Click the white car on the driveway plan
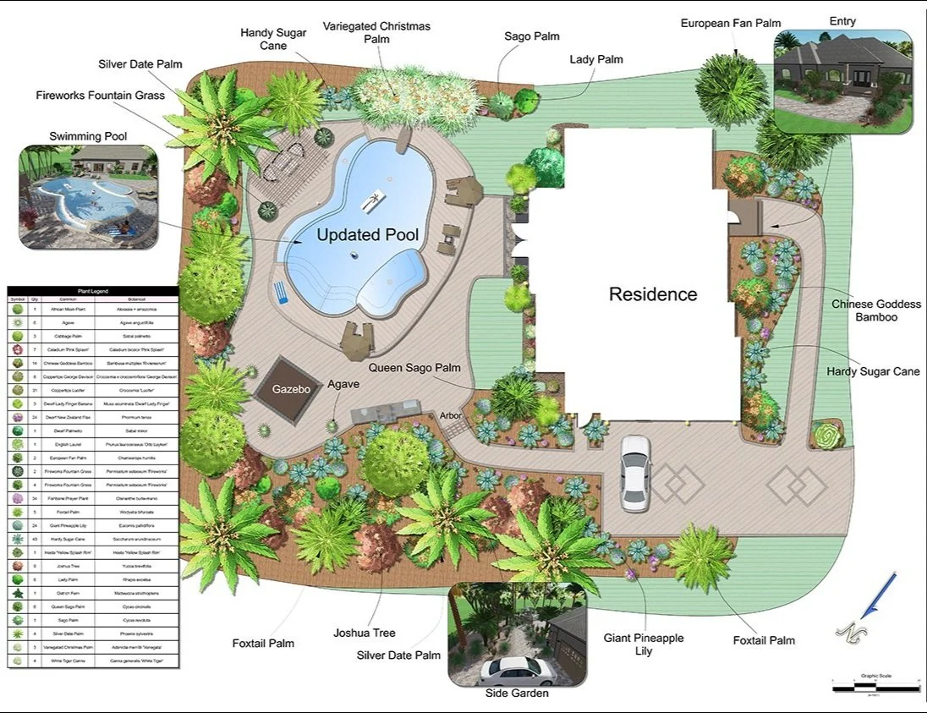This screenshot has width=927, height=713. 634,473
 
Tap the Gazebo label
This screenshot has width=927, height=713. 291,390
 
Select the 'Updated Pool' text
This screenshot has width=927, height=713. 367,235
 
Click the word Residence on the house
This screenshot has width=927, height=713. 653,294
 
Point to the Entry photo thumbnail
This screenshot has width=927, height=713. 842,83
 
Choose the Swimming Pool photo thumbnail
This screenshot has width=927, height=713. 89,197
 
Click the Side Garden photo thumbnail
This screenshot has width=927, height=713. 517,634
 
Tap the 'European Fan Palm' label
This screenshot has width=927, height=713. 731,23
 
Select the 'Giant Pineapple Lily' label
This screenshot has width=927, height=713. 643,644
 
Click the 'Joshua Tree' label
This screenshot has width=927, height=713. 364,633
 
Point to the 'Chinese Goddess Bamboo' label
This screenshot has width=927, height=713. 875,310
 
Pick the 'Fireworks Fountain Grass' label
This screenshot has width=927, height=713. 100,96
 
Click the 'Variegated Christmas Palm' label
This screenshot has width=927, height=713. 376,32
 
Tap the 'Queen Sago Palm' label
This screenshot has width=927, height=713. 414,368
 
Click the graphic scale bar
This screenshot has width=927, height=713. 875,686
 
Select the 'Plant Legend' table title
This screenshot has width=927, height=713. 93,291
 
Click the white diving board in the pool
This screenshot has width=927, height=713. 371,202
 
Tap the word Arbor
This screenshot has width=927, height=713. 451,416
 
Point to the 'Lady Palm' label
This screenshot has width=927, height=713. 595,59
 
